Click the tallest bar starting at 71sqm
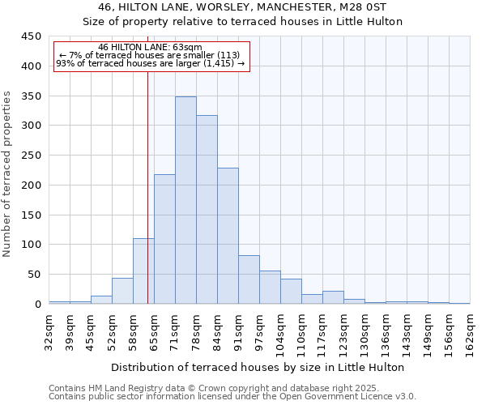185,200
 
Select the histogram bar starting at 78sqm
207,210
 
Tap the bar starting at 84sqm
228,236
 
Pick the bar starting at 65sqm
164,239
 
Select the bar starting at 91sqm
249,279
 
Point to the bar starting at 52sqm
122,291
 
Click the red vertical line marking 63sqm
147,202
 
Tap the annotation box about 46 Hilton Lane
151,56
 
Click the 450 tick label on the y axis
31,36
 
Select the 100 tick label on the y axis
31,245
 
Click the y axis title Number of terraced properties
8,173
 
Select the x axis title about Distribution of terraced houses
258,367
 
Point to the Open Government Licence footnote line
232,397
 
